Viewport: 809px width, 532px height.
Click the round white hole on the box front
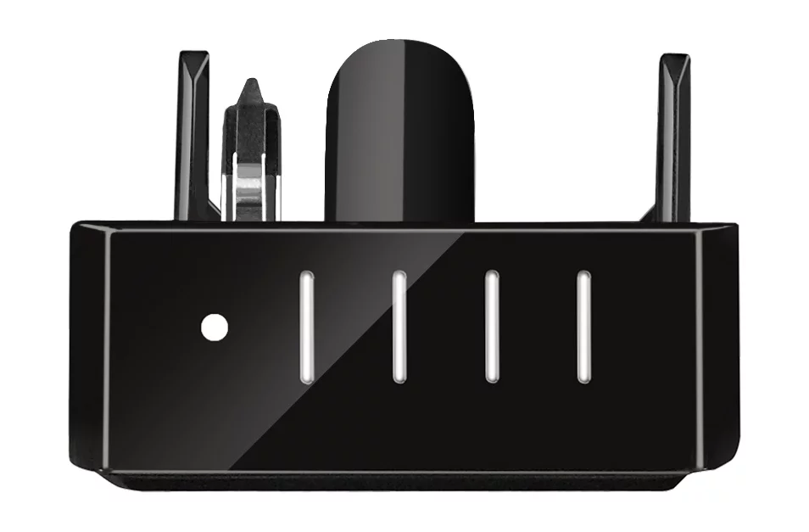click(214, 326)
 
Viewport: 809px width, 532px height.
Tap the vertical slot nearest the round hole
click(306, 327)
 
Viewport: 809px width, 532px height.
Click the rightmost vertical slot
click(583, 327)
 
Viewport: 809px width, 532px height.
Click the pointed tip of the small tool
click(250, 86)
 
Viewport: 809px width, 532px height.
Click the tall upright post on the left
click(192, 136)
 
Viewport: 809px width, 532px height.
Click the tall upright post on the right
click(674, 136)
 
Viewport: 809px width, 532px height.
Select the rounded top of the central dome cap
click(399, 47)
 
